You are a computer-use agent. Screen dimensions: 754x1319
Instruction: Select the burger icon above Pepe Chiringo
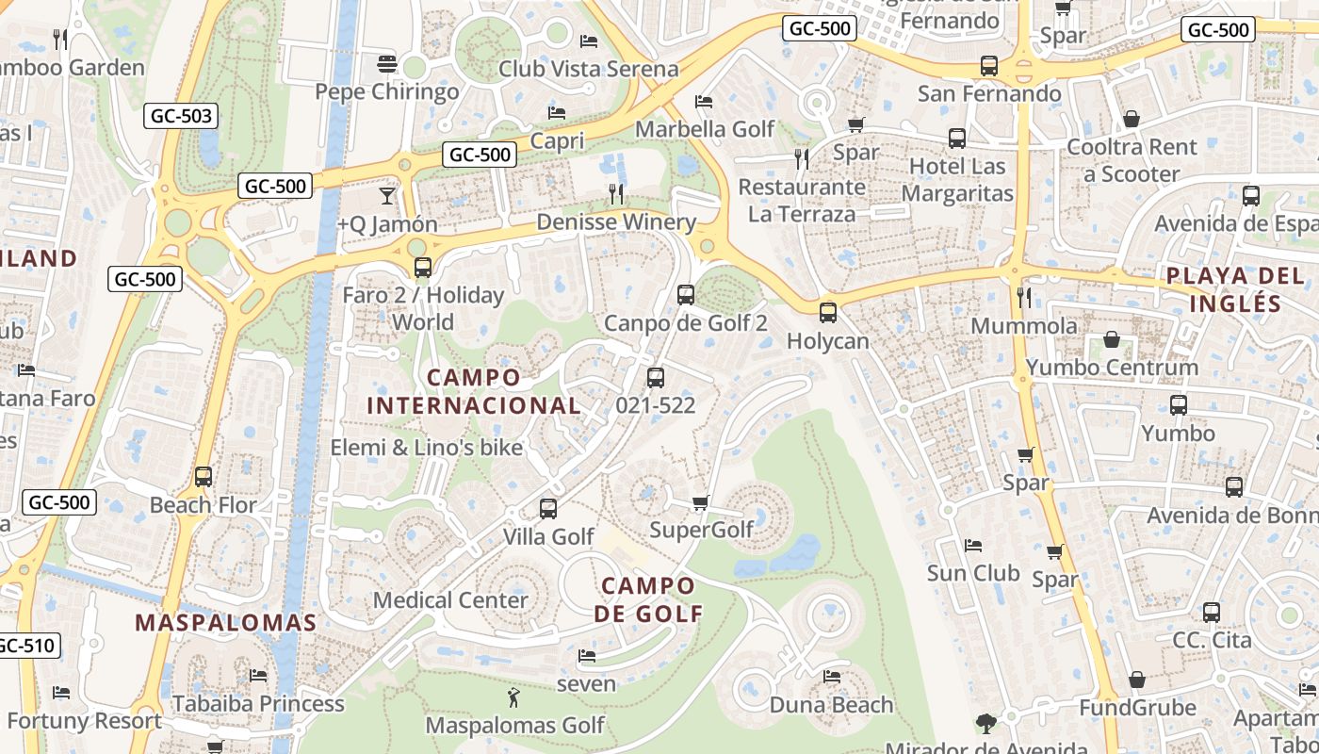386,64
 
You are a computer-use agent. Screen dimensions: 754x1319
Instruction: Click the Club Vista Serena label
588,69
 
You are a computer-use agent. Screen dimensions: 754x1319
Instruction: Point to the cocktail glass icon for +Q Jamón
386,196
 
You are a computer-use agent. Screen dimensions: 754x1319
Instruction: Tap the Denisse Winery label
616,222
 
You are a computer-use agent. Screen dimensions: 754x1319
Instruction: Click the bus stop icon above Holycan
828,313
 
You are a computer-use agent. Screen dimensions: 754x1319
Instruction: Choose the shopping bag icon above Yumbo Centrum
1112,340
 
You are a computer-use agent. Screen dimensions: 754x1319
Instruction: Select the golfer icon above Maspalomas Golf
513,698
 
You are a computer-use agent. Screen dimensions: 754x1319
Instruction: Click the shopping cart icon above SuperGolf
700,502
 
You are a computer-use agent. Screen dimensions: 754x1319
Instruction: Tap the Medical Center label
450,600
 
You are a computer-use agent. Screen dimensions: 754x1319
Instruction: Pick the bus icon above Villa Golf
548,509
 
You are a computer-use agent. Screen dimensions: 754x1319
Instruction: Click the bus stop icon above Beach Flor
204,477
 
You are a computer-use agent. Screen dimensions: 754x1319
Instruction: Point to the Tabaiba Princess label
258,704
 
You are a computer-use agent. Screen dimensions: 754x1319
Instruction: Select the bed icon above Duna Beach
831,677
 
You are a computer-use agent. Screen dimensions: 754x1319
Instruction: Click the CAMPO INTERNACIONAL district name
473,391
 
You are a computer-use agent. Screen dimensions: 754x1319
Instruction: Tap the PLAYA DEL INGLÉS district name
1234,289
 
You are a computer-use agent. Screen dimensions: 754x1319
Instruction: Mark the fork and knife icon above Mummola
1024,298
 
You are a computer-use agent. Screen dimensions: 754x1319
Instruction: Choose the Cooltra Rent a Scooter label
1132,160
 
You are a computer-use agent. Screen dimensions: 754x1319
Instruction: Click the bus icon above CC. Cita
1212,613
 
